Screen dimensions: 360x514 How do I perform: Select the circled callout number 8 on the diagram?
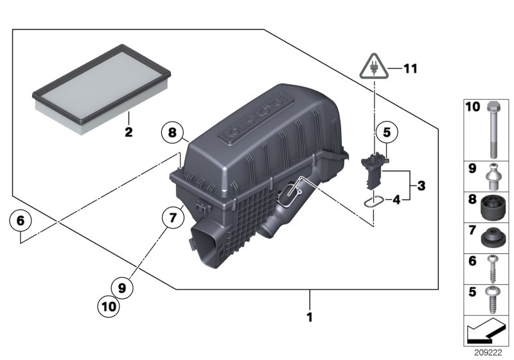pos(173,134)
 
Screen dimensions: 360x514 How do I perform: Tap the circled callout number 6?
pos(21,221)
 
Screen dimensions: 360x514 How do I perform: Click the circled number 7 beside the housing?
pos(173,218)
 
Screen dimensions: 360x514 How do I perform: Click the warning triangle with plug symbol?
pos(373,66)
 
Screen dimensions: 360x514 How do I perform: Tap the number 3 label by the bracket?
pos(421,186)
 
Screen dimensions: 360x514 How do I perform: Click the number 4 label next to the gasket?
pos(397,200)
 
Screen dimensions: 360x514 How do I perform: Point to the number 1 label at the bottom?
pos(310,317)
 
